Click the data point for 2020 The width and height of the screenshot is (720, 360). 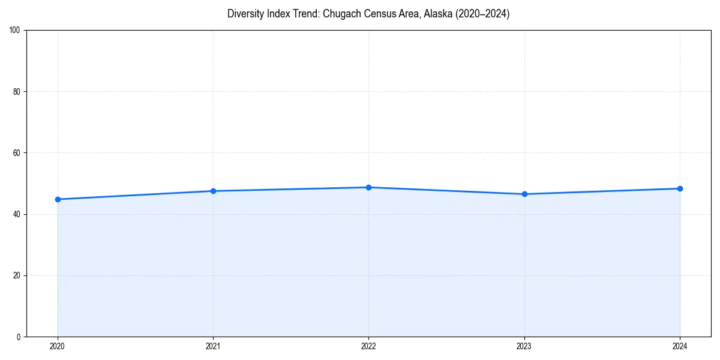click(58, 199)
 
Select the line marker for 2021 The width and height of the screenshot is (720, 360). click(213, 191)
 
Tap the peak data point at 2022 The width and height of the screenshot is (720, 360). click(368, 187)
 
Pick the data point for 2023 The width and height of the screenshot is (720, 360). click(524, 194)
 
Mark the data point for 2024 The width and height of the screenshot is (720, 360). click(680, 188)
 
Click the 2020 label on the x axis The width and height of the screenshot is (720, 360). click(58, 346)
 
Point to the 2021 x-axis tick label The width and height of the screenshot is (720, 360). click(213, 346)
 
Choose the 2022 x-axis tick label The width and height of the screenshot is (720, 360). click(368, 346)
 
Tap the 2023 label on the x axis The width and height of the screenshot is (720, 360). click(524, 346)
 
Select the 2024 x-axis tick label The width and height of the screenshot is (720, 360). click(680, 346)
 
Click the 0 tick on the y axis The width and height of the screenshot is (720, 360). click(19, 337)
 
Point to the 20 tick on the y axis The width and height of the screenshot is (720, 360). click(17, 275)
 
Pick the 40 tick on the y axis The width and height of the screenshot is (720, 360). click(17, 214)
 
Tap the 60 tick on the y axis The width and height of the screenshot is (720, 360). click(17, 153)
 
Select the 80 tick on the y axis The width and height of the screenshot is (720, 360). click(17, 92)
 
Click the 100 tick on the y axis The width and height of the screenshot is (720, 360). click(15, 31)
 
